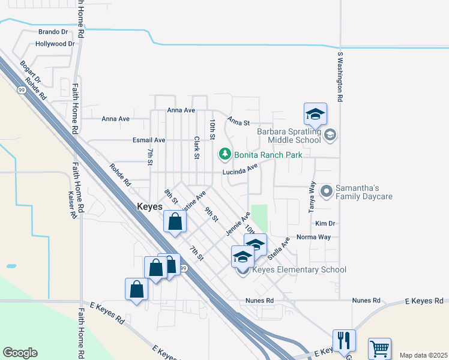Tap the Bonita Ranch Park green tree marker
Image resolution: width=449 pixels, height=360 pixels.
(225, 154)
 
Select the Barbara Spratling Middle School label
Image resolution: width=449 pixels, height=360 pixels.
(289, 136)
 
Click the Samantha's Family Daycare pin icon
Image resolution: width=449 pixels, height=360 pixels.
(327, 192)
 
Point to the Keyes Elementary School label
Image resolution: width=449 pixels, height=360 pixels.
(299, 269)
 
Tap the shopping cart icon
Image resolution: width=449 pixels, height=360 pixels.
(379, 348)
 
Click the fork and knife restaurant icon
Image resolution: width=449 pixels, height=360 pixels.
(344, 340)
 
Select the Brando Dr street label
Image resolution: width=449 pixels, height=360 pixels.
(53, 32)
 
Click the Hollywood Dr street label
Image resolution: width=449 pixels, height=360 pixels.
(55, 44)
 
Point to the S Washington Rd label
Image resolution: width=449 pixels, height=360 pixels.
(340, 76)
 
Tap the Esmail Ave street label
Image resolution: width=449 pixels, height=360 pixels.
(148, 140)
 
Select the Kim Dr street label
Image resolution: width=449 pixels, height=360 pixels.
(325, 223)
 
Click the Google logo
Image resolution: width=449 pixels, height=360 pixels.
(20, 353)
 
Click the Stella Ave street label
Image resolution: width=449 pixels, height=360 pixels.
(283, 247)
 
